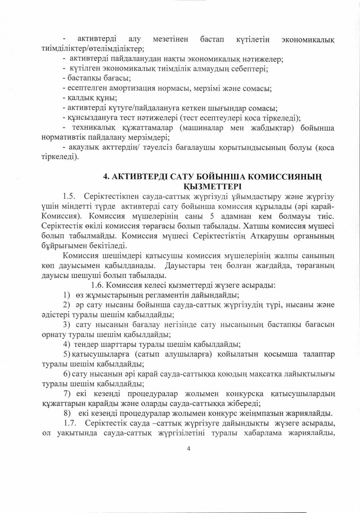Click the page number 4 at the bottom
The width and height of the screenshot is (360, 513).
pyautogui.click(x=189, y=448)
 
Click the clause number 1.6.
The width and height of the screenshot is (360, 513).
pyautogui.click(x=98, y=285)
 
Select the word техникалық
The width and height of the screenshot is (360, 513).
pyautogui.click(x=94, y=128)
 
